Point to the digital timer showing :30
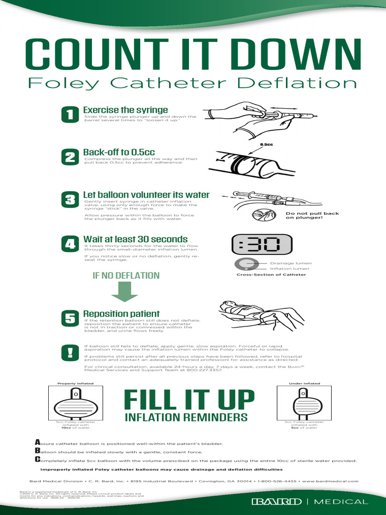(256, 245)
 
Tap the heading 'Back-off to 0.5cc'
(119, 152)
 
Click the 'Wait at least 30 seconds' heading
(135, 239)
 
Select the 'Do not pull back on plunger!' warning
(305, 215)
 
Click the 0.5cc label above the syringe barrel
(266, 144)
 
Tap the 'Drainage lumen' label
(291, 263)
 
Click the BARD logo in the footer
(276, 501)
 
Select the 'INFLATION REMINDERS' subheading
(186, 417)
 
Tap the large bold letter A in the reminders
(37, 442)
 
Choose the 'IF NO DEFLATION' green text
(126, 276)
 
